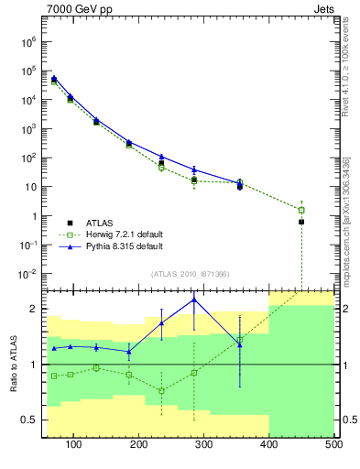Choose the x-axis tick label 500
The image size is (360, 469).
[x=333, y=446]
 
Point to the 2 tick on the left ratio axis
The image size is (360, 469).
[x=34, y=310]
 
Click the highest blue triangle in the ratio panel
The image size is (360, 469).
[x=194, y=300]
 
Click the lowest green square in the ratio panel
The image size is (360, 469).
[x=161, y=391]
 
